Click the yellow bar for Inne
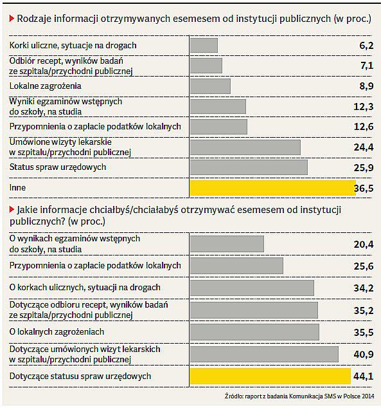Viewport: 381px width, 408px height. [272, 188]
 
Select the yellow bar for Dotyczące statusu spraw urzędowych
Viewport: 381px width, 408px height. [270, 376]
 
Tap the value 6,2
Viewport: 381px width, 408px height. [366, 46]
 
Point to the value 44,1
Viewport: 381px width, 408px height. [364, 376]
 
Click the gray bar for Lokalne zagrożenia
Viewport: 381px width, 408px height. [210, 86]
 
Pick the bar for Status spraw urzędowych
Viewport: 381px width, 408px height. [249, 167]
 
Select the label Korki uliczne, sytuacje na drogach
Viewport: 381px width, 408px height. [73, 46]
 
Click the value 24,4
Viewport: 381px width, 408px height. [364, 147]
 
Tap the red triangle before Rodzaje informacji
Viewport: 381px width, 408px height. [12, 19]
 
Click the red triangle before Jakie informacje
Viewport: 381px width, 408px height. [12, 209]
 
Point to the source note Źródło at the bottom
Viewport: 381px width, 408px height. [299, 396]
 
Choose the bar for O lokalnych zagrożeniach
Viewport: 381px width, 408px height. [254, 332]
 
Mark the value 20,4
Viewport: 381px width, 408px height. [364, 245]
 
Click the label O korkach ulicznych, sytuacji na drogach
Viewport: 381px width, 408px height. [85, 288]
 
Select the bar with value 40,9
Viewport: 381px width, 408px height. [264, 354]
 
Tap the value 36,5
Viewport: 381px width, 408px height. [364, 188]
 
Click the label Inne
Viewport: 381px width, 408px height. [17, 188]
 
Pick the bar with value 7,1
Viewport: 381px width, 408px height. [206, 66]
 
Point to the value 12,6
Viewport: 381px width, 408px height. [364, 127]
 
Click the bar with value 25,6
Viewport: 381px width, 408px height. [236, 266]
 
